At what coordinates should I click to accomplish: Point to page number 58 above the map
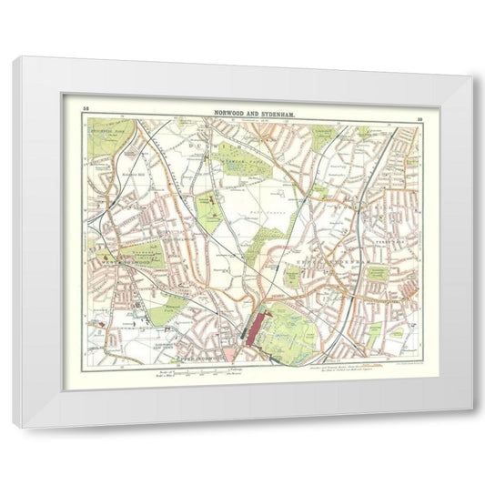click(85, 109)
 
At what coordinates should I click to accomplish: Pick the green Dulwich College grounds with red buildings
click(210, 209)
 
